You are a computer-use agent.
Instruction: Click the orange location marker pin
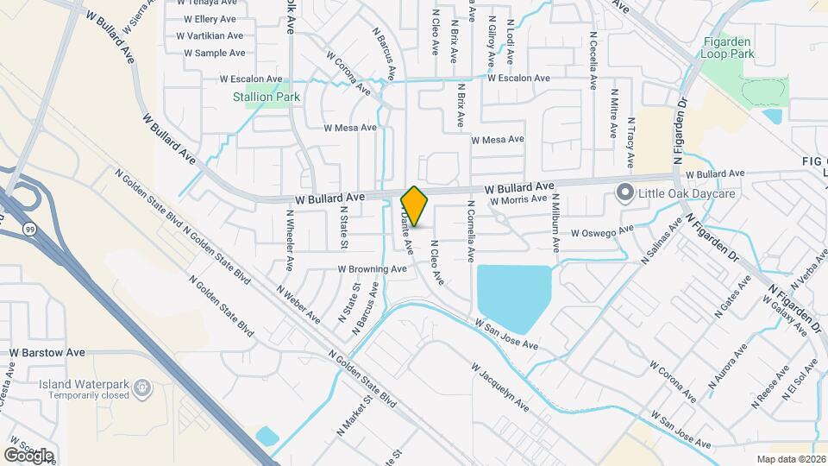coord(415,206)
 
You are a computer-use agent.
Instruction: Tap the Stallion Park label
coord(267,98)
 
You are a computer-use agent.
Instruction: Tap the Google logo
coord(28,455)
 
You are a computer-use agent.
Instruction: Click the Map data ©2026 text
coord(791,459)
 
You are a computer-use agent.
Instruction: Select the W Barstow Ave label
coord(47,353)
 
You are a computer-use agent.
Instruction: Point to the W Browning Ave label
coord(372,269)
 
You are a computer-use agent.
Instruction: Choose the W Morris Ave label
coord(518,199)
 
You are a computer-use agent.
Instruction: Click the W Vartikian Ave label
coord(210,36)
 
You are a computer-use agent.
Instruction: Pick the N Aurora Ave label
coord(728,365)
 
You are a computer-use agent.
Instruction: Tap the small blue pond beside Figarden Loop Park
coord(772,116)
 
